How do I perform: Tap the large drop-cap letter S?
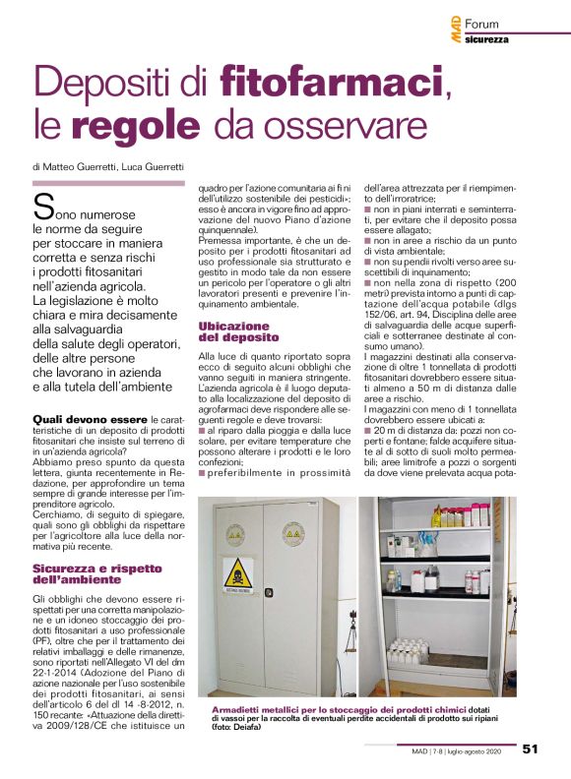point(43,207)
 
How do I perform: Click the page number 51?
point(530,749)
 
